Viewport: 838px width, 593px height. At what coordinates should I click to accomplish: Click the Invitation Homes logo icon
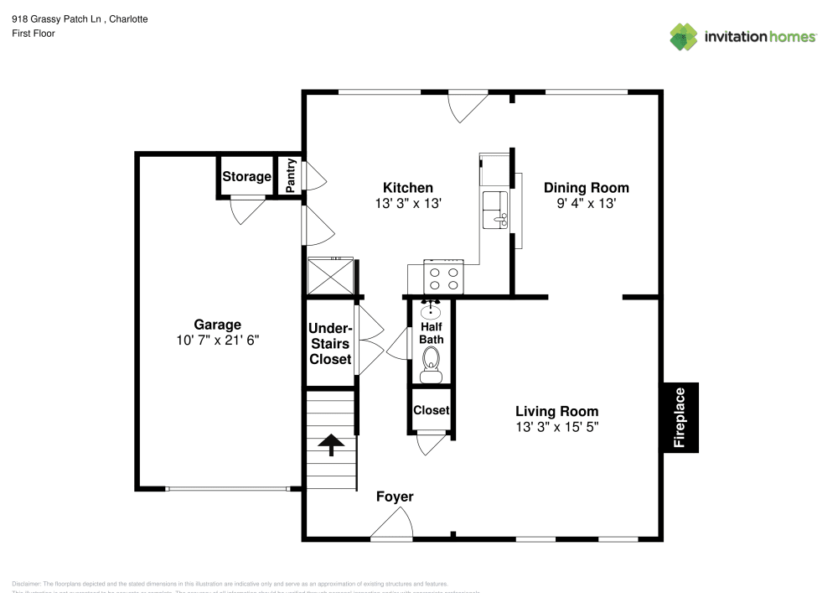683,36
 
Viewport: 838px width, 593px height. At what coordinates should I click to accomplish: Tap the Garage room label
217,325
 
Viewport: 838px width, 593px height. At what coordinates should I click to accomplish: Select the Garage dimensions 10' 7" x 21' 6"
217,341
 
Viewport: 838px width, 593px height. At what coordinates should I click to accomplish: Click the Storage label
246,177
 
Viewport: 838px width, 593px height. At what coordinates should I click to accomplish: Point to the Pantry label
291,177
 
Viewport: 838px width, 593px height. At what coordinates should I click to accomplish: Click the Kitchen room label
408,187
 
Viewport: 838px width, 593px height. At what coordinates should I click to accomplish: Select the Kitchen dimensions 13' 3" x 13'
408,203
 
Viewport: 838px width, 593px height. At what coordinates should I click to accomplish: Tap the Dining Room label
586,187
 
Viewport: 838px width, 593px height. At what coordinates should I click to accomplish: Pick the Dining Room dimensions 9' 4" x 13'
586,203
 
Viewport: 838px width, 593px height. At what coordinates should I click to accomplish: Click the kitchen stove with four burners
443,278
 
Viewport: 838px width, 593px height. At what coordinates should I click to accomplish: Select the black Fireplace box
680,418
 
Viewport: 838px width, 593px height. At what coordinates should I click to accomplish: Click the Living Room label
556,411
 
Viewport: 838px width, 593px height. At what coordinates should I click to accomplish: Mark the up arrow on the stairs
332,445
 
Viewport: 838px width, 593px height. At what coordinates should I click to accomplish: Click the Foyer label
394,497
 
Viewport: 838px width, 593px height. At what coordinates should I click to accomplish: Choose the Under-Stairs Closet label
330,343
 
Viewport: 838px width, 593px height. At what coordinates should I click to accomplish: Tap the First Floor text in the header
34,34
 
